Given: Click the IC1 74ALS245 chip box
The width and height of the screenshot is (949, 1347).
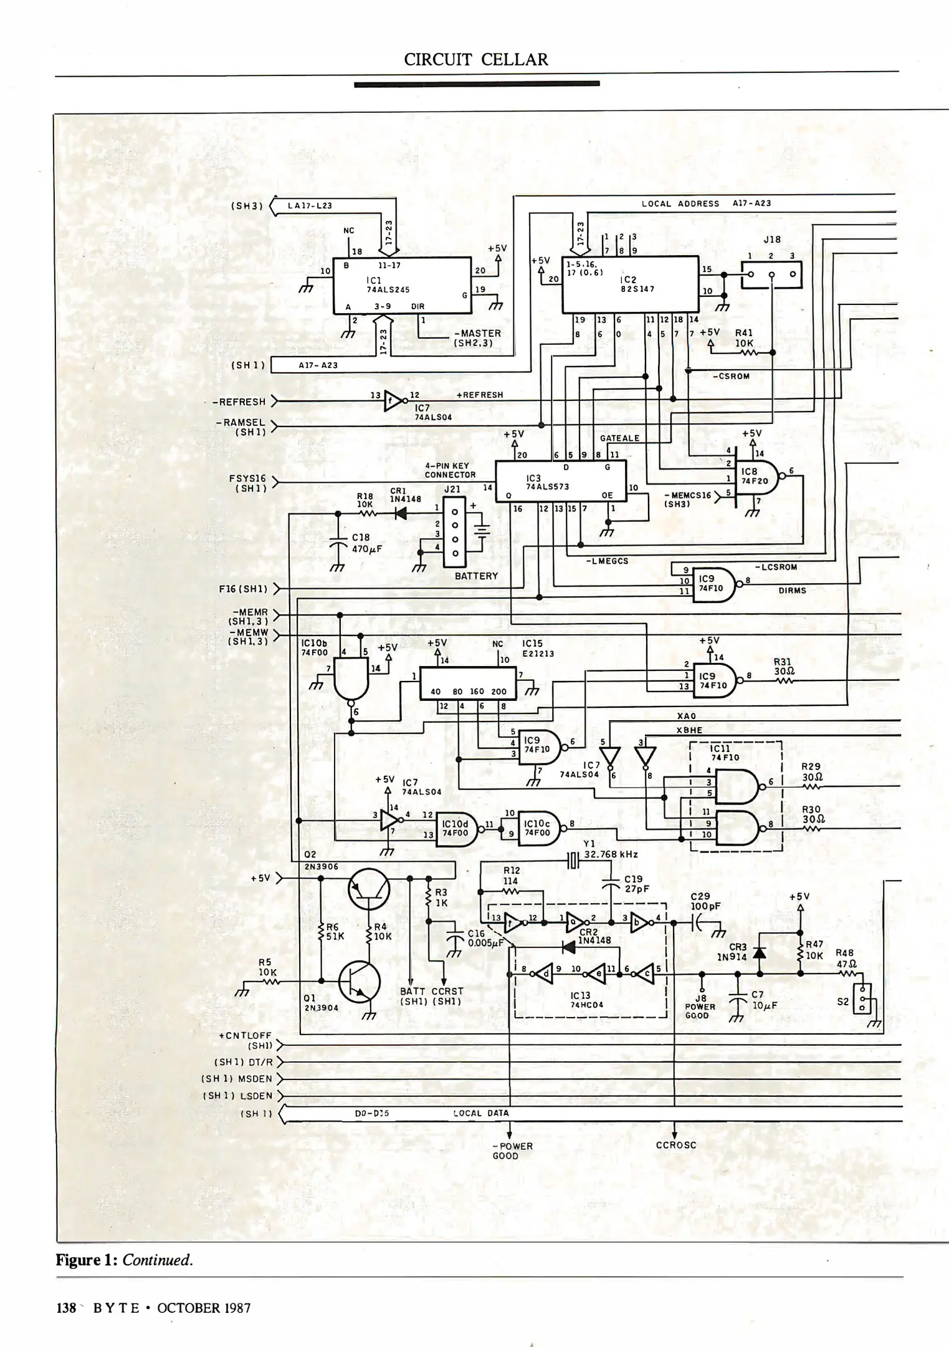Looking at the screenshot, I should [402, 285].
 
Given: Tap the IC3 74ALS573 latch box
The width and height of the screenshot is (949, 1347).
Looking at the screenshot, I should [560, 481].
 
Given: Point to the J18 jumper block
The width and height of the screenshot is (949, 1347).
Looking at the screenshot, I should [771, 274].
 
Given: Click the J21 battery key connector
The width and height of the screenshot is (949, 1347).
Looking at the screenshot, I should [455, 531].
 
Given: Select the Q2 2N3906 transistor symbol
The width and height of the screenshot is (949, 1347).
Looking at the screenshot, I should [369, 891].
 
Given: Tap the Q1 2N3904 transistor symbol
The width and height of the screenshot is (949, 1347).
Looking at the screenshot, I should [360, 982].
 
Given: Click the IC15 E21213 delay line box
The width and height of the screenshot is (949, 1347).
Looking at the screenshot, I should [468, 683].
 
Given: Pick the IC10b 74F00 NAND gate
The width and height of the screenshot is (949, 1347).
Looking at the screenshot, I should [351, 679].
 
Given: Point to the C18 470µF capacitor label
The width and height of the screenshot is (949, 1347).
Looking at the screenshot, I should [366, 543].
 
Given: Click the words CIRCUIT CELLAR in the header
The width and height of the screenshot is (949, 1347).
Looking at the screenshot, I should [476, 59].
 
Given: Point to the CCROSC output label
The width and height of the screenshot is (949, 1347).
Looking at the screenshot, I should [676, 1145].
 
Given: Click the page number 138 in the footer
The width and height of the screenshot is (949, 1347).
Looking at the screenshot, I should [66, 1308].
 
